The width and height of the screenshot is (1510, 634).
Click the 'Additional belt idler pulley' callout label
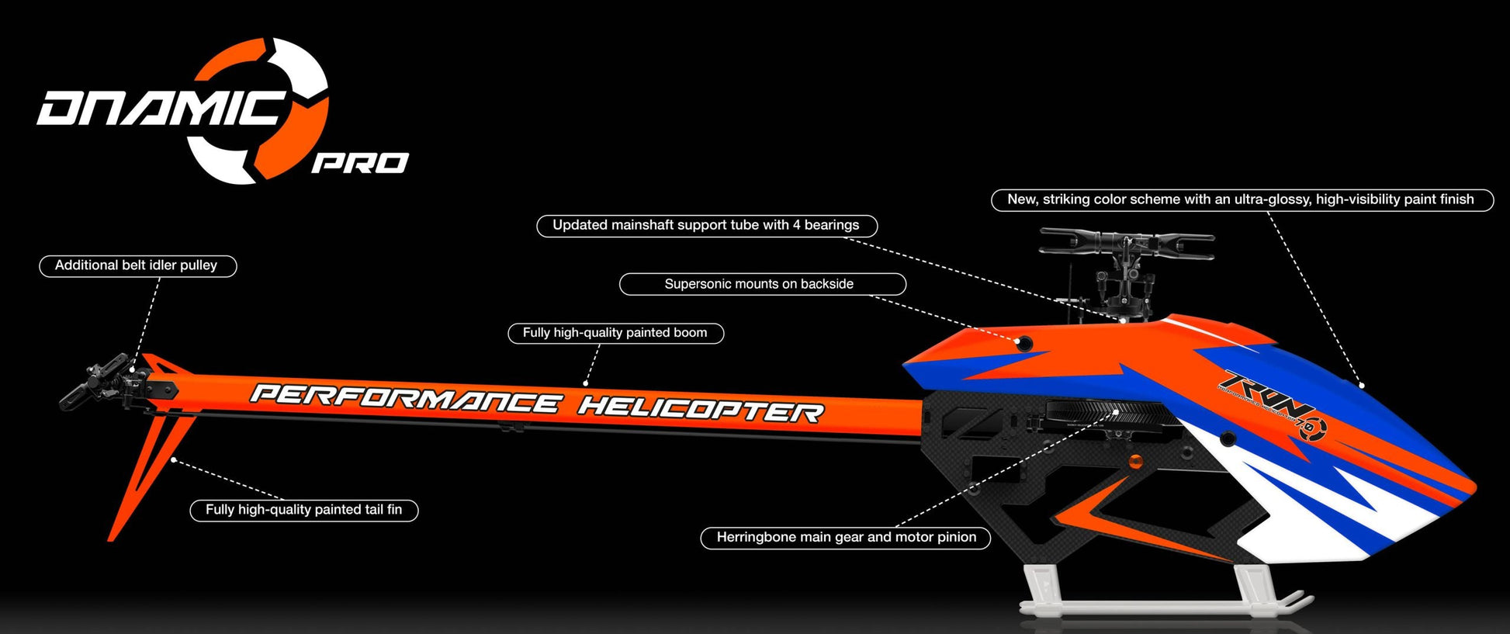pyautogui.click(x=137, y=265)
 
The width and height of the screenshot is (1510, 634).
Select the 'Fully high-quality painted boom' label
pyautogui.click(x=615, y=333)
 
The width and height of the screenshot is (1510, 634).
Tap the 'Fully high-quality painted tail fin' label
pyautogui.click(x=303, y=510)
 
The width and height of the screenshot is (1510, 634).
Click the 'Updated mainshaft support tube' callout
pyautogui.click(x=706, y=226)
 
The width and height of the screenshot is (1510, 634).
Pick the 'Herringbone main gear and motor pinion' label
pyautogui.click(x=845, y=537)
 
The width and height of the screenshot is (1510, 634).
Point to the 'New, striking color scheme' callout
pyautogui.click(x=1241, y=199)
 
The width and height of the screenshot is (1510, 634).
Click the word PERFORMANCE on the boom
pyautogui.click(x=404, y=398)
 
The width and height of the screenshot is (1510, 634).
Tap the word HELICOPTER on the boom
pyautogui.click(x=701, y=407)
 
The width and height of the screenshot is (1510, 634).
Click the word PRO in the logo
pyautogui.click(x=360, y=163)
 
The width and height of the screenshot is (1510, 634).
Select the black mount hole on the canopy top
pyautogui.click(x=1024, y=342)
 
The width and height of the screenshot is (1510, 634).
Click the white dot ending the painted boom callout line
pyautogui.click(x=586, y=383)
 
